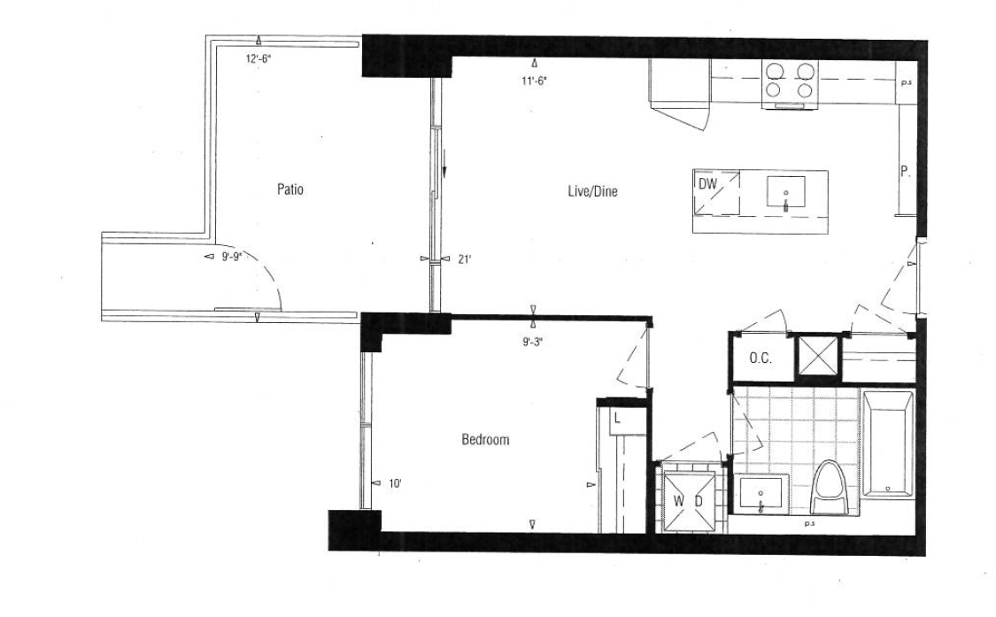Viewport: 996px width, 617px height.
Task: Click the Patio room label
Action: pyautogui.click(x=290, y=189)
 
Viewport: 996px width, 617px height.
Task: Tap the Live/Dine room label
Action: pyautogui.click(x=592, y=191)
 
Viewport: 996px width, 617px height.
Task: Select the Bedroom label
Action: pyautogui.click(x=485, y=440)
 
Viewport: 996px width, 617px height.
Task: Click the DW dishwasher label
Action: pyautogui.click(x=707, y=184)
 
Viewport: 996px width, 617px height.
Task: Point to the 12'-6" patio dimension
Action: pyautogui.click(x=259, y=59)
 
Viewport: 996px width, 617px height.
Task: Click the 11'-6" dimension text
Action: pyautogui.click(x=534, y=81)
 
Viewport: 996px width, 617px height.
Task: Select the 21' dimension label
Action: pyautogui.click(x=464, y=258)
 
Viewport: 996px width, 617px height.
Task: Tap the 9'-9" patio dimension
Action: pyautogui.click(x=232, y=257)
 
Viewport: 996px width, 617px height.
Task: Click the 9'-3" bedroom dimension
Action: pyautogui.click(x=532, y=342)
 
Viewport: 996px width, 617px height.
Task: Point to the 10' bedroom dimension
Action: pyautogui.click(x=395, y=483)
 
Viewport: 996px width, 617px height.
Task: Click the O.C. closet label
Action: pyautogui.click(x=761, y=359)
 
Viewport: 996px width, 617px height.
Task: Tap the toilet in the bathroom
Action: pyautogui.click(x=830, y=487)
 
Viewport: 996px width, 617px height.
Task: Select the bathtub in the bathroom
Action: pyautogui.click(x=888, y=444)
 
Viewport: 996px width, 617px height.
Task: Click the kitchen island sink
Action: pyautogui.click(x=786, y=192)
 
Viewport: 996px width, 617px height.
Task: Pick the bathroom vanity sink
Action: pyautogui.click(x=761, y=493)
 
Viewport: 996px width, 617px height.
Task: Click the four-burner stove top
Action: pyautogui.click(x=790, y=81)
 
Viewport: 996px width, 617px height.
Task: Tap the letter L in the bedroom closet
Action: pyautogui.click(x=617, y=420)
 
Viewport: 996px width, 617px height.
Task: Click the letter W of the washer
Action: pyautogui.click(x=679, y=501)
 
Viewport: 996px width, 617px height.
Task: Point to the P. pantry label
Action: pyautogui.click(x=905, y=171)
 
